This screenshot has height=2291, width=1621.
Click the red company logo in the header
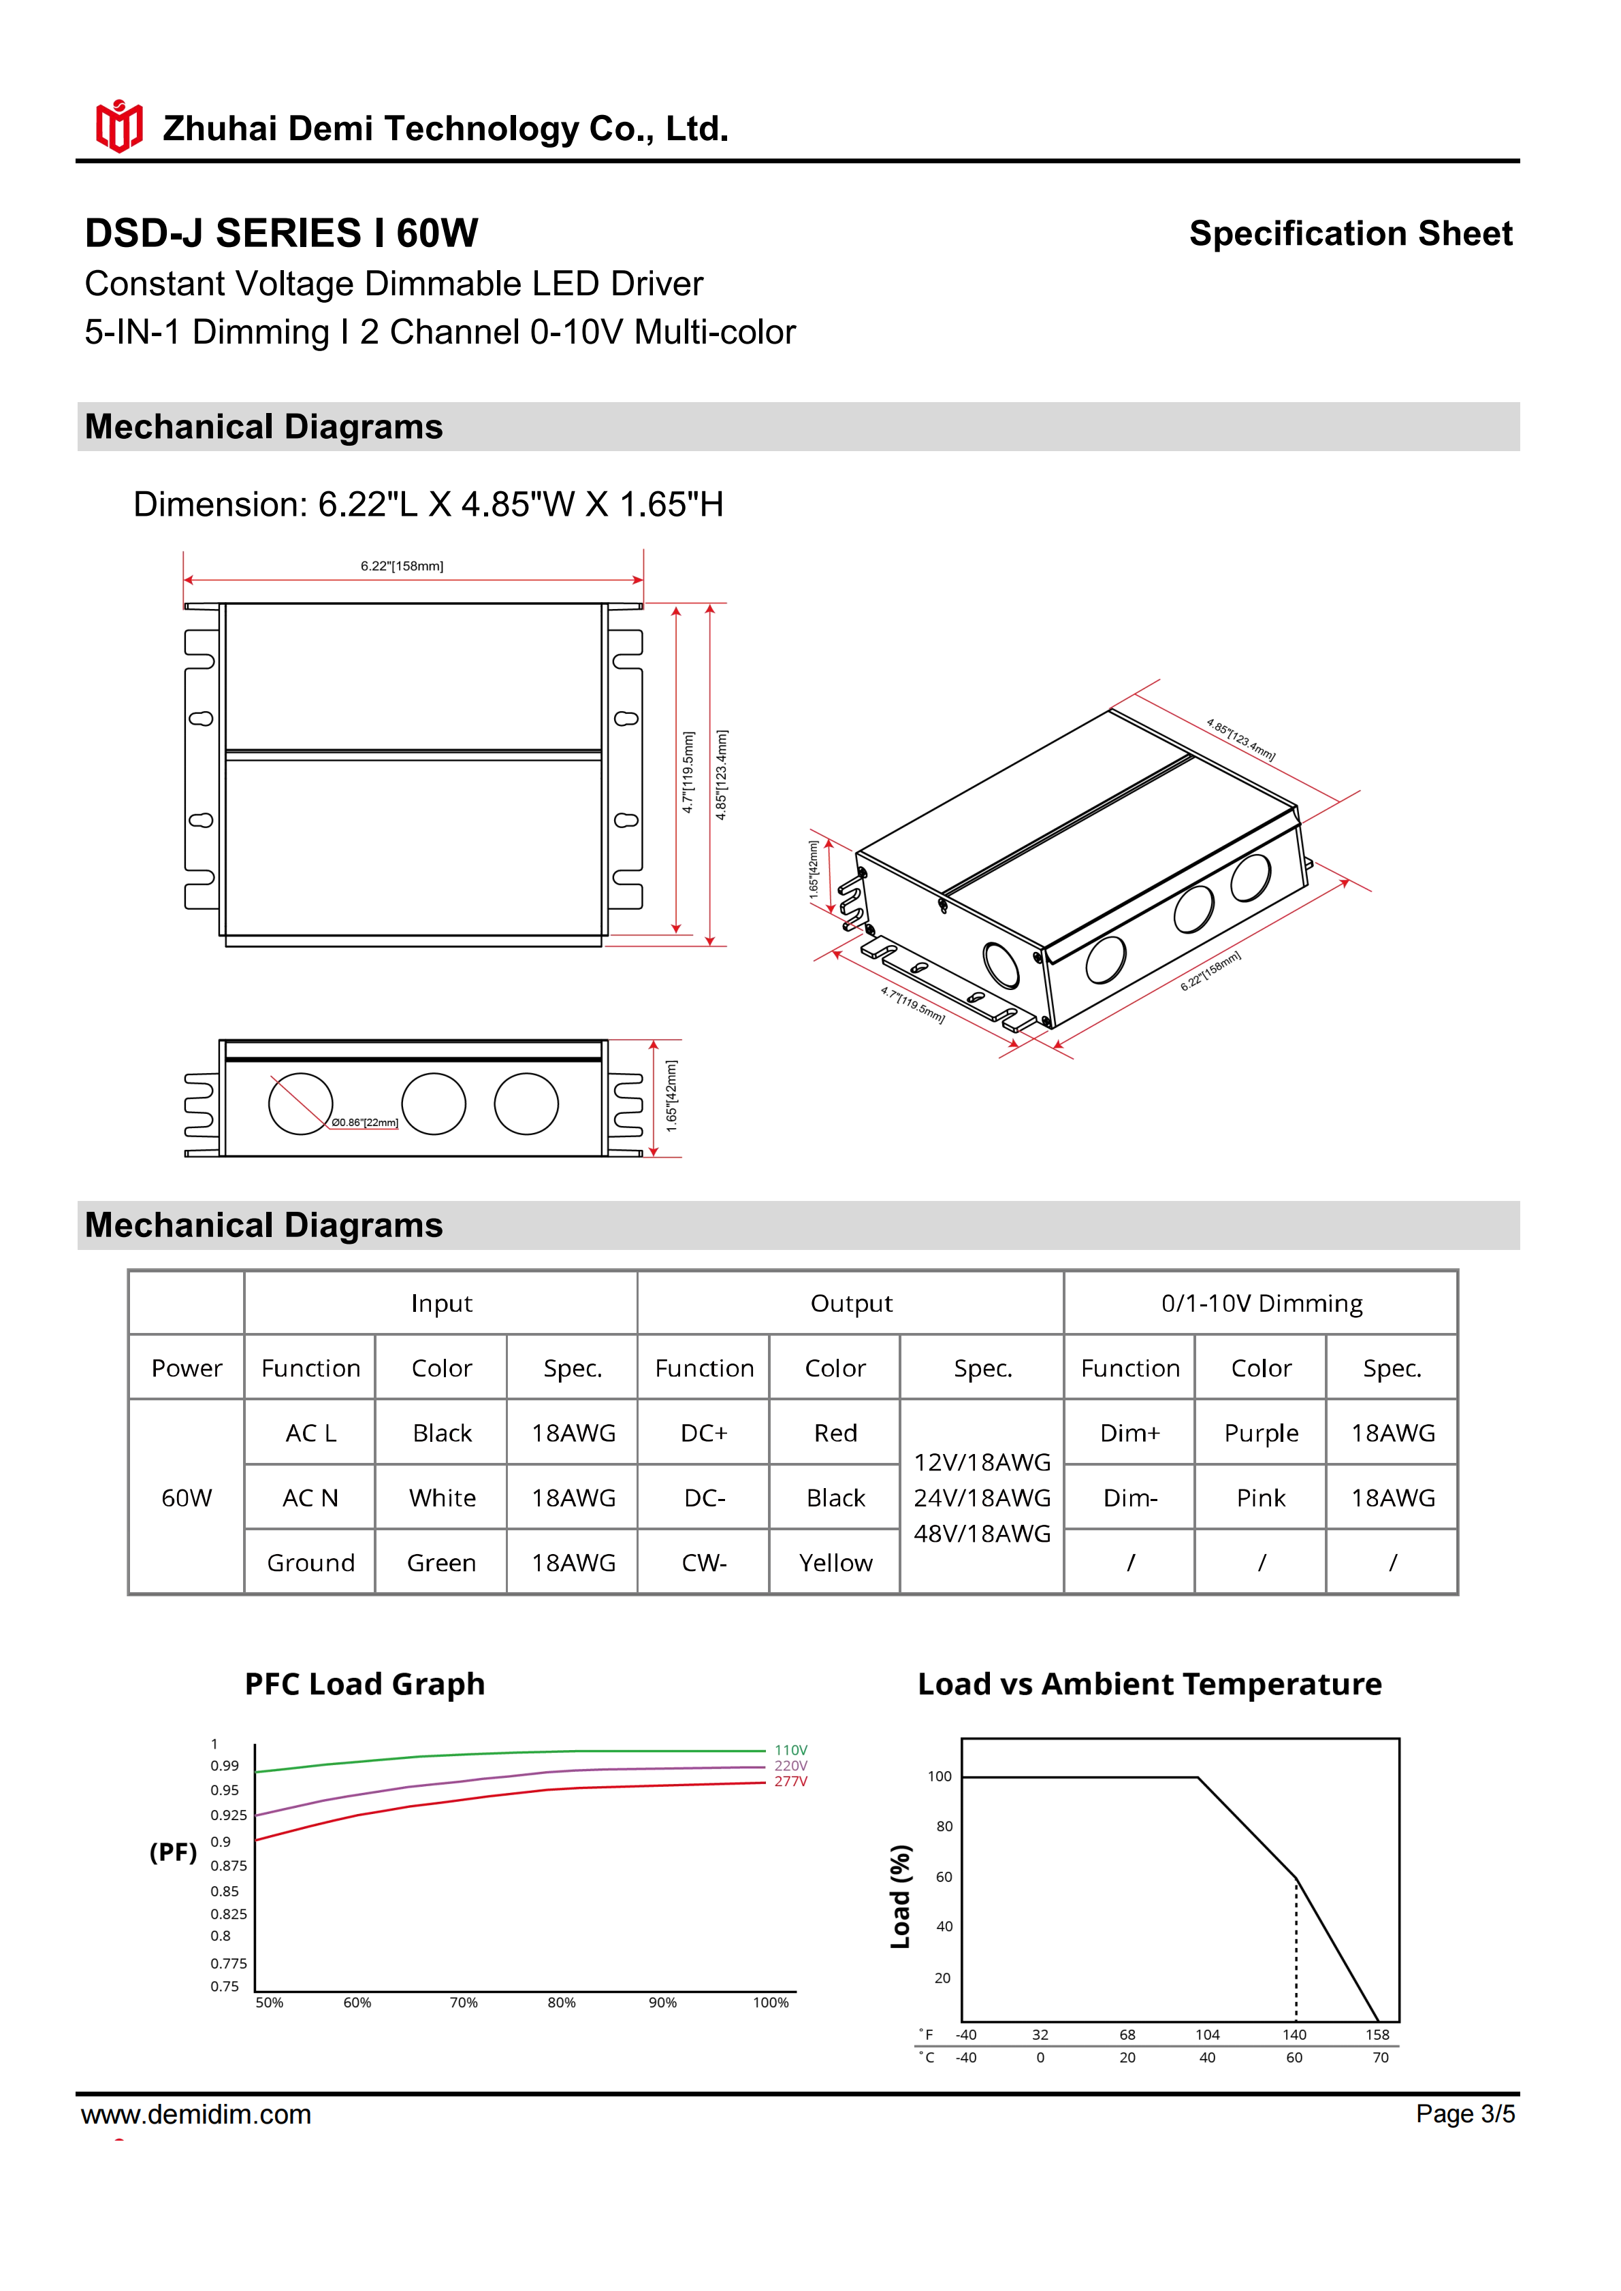pos(118,127)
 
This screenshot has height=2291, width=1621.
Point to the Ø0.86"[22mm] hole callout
pos(364,1123)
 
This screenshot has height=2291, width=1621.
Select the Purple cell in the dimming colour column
pos(1261,1433)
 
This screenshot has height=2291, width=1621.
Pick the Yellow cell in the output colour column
pos(835,1562)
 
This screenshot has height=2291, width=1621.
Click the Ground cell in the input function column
pos(310,1562)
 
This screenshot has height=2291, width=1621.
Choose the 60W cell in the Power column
pos(187,1498)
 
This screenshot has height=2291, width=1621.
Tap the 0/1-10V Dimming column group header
pos(1261,1303)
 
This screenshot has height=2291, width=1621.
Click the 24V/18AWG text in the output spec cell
pos(982,1498)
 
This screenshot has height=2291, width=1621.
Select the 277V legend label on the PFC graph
pos(790,1781)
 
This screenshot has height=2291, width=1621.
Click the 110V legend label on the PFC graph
pos(790,1750)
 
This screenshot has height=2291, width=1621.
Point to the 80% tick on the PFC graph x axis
pos(561,2002)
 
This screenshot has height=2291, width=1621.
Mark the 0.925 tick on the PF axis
pos(229,1815)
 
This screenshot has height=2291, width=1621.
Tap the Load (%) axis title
pos(900,1896)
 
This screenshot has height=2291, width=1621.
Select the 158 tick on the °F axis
pos(1377,2034)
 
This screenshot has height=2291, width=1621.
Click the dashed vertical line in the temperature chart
pos(1296,1956)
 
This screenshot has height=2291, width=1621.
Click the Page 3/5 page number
pos(1464,2113)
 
